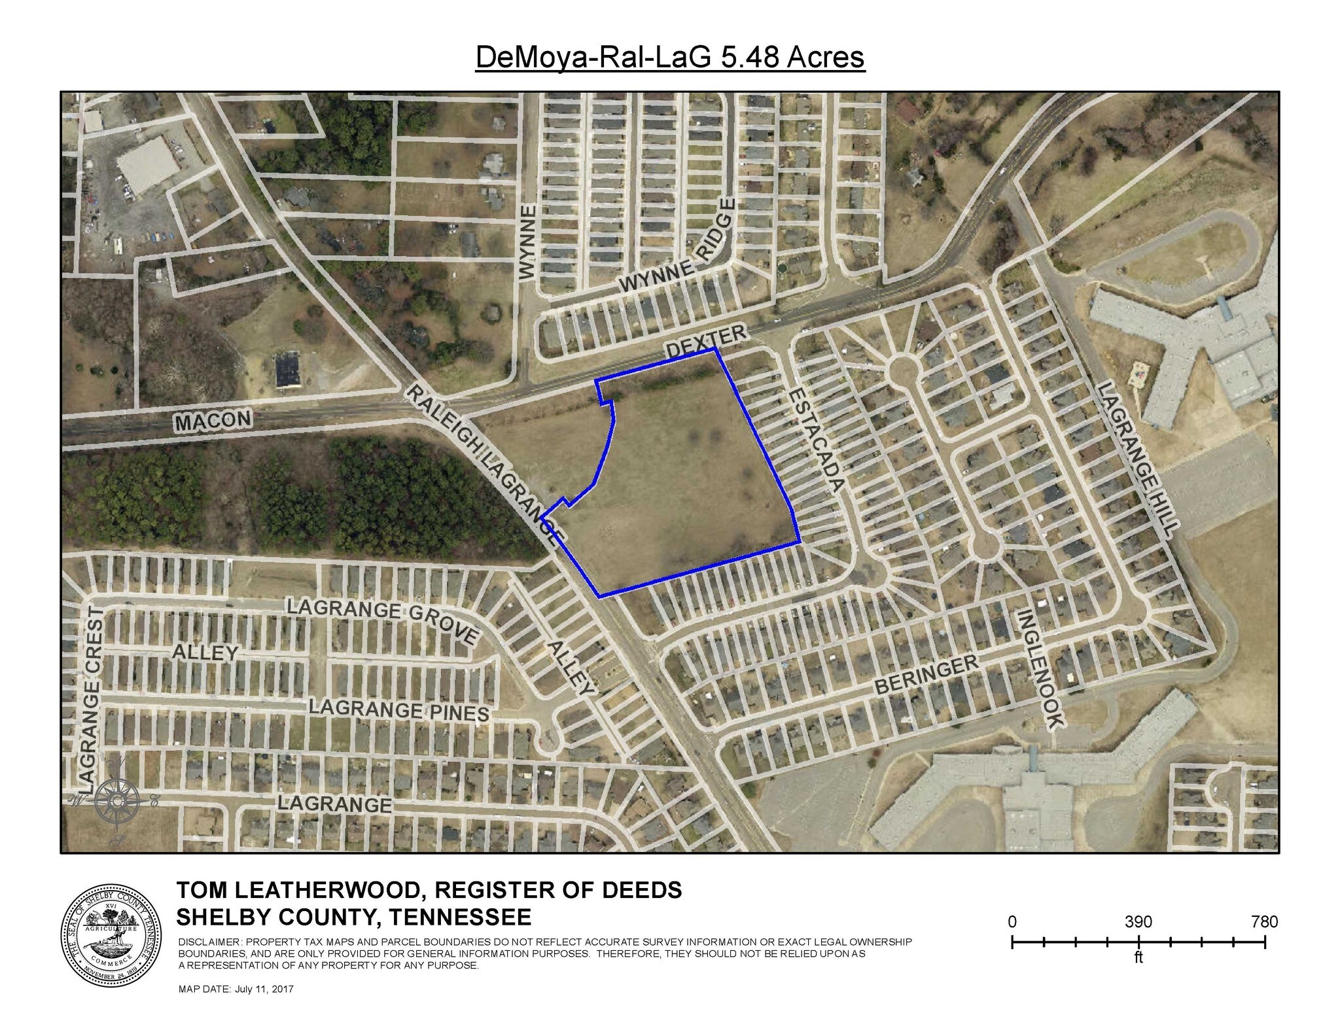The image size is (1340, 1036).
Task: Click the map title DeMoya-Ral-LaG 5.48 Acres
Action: coord(670,57)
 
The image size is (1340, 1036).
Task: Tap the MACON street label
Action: coord(213,420)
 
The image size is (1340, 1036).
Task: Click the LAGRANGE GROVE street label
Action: coord(383,619)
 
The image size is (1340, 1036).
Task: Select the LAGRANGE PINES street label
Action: coord(398,711)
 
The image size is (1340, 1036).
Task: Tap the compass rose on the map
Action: coord(116,800)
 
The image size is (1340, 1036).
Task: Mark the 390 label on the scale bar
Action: coord(1138,921)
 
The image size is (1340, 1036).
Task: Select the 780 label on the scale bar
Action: coord(1263,921)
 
